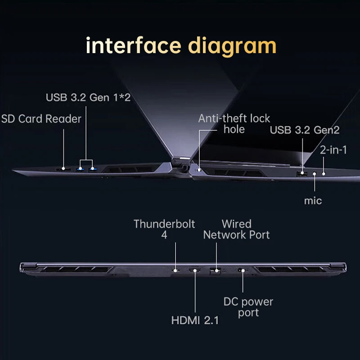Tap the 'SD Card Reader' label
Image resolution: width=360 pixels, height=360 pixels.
tap(41, 119)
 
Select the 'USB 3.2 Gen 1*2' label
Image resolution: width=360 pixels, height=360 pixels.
tap(88, 97)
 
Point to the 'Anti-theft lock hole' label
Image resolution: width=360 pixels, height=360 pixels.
tap(234, 124)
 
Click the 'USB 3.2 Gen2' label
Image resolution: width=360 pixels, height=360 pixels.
tap(304, 130)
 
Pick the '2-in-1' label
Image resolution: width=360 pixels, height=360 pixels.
tap(333, 150)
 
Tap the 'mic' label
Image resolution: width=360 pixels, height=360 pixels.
tap(313, 200)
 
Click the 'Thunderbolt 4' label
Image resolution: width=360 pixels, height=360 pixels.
tap(164, 229)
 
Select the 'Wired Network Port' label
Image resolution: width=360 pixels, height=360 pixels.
tap(237, 229)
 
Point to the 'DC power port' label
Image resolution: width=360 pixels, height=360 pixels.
tap(248, 306)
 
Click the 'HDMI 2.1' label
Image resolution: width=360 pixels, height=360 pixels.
tap(195, 320)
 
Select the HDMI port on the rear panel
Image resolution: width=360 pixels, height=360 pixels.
tap(195, 270)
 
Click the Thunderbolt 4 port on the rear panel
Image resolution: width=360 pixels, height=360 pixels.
tap(176, 270)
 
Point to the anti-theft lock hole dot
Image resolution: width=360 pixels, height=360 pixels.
tap(198, 170)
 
